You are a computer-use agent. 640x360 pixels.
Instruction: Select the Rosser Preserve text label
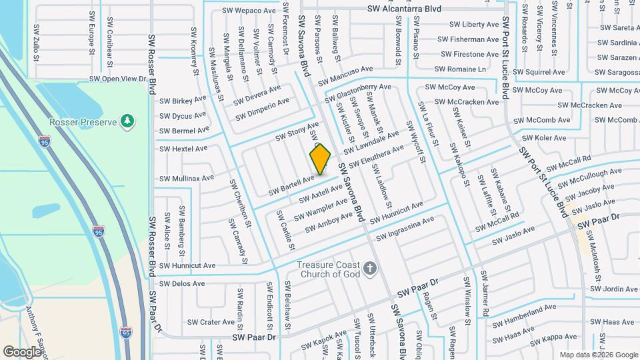83,122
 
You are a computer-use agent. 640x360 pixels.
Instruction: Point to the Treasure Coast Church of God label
329,269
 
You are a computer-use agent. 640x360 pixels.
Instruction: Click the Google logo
22,351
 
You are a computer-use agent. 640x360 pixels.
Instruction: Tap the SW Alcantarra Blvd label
405,9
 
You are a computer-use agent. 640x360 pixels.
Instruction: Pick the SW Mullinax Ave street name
187,178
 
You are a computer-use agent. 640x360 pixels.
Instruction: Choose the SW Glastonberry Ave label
358,94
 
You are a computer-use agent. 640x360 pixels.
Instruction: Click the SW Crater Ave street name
211,322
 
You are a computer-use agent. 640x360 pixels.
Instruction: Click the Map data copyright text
598,355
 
